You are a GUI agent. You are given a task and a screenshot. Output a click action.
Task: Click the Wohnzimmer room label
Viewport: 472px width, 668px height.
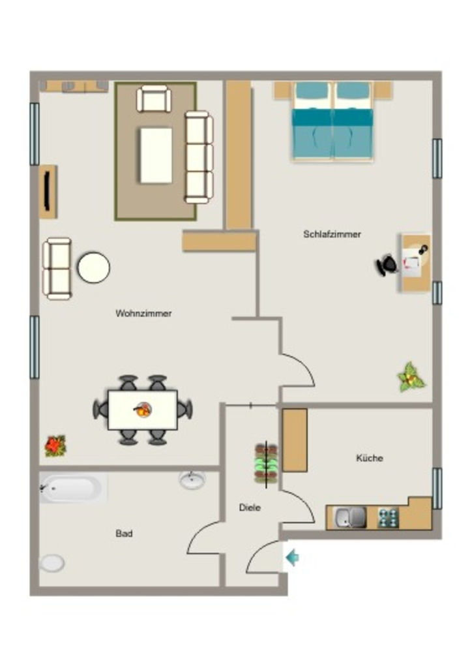click(143, 314)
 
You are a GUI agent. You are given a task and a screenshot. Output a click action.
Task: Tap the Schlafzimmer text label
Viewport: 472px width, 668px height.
click(332, 234)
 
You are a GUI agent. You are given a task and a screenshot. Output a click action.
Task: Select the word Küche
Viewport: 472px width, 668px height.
click(370, 458)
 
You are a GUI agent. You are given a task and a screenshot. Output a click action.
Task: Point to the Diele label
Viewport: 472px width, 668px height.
click(250, 508)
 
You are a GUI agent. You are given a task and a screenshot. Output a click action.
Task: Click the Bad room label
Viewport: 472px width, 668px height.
click(124, 534)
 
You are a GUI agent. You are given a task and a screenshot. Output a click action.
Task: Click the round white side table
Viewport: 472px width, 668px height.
click(94, 267)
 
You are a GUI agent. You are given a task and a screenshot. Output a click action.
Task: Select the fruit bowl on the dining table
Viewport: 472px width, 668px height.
click(143, 410)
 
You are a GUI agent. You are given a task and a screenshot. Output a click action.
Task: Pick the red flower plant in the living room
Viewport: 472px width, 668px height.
click(55, 446)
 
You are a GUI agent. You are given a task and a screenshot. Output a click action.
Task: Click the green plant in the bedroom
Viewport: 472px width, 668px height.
click(411, 378)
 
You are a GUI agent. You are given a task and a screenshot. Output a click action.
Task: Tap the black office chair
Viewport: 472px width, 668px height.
click(387, 265)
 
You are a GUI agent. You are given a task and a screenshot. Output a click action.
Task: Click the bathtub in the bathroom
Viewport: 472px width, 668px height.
click(73, 488)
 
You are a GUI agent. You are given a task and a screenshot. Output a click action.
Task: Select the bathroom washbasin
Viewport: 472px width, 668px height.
click(192, 479)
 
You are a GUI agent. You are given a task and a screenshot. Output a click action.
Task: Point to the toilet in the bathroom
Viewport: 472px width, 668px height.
click(52, 563)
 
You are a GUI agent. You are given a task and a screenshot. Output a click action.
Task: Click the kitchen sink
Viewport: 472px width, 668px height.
click(350, 517)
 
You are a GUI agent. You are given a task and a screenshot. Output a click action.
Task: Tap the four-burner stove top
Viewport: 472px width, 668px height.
click(388, 518)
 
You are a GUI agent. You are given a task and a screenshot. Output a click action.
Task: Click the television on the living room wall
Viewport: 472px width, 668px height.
click(48, 192)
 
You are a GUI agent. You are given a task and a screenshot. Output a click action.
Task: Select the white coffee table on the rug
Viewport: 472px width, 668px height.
click(156, 155)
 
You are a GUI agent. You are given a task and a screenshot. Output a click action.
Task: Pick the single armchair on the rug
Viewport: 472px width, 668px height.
click(154, 99)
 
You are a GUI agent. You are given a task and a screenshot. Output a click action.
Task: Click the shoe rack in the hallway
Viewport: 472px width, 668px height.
click(267, 464)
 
